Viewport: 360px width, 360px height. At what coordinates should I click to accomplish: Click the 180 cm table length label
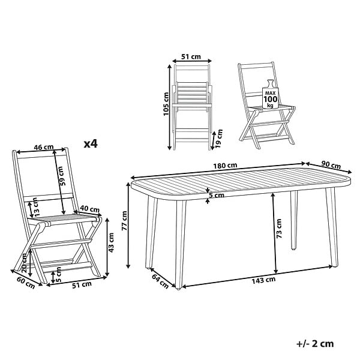coord(225,166)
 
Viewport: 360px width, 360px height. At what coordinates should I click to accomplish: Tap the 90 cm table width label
coord(331,165)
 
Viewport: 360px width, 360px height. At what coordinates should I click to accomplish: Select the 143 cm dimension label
coord(263,280)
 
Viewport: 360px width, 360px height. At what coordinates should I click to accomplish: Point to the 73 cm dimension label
coord(279,229)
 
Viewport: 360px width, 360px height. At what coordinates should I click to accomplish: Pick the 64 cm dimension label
coord(160,281)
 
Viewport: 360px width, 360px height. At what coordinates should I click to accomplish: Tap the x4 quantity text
coord(91,144)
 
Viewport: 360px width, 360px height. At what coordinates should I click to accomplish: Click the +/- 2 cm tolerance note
coord(315,344)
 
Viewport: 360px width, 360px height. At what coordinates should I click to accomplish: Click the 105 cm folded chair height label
coord(166,104)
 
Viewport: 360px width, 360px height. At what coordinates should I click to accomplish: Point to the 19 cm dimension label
coord(219,139)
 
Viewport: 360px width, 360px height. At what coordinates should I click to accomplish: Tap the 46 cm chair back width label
coord(44,147)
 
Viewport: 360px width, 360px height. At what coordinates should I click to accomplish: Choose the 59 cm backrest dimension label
coord(62,176)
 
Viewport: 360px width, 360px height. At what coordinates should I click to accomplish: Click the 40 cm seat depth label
coord(90,209)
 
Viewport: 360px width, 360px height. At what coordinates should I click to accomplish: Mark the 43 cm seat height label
coord(111,242)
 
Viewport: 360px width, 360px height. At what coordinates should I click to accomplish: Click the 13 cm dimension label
coord(35,207)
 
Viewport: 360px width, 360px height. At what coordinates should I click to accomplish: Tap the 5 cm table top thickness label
coord(216,196)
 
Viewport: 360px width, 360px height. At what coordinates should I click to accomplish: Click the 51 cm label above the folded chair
coord(191,56)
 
